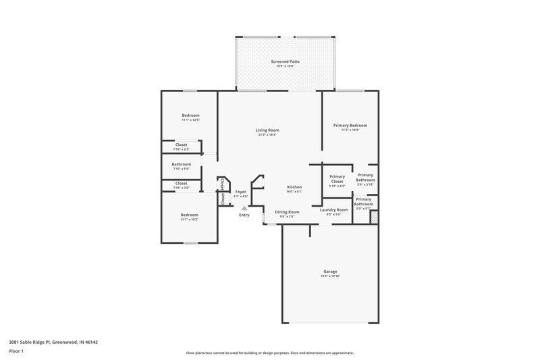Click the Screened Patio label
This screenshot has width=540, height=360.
(285, 61)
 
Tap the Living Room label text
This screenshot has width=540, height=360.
(267, 130)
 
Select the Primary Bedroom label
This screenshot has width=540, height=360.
(350, 125)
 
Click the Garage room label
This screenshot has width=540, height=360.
(330, 272)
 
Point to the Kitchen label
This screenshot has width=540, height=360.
(294, 186)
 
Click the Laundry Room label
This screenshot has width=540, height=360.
(333, 210)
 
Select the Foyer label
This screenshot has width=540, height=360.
(240, 192)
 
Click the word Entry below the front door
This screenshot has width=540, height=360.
(244, 215)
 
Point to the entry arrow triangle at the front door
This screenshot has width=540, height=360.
(244, 209)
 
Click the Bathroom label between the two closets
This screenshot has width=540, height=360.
(181, 164)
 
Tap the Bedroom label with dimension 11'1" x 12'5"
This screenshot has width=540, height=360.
(190, 115)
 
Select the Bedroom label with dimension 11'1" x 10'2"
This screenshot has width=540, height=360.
(189, 215)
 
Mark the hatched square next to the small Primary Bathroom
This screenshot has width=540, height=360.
(374, 217)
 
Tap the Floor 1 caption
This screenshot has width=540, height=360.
(16, 352)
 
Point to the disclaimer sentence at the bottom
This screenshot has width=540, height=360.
(269, 353)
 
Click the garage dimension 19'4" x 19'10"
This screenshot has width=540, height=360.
(330, 276)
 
